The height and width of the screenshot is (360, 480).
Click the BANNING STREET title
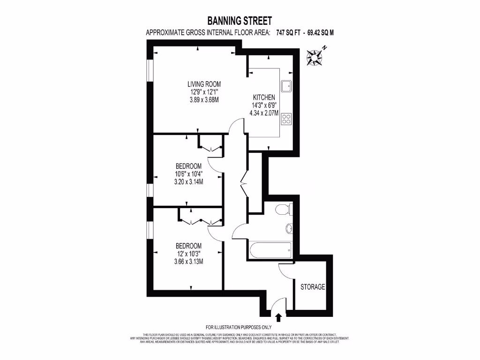point(240,21)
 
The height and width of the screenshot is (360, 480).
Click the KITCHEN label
point(264,97)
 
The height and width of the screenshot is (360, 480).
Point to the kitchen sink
point(286,86)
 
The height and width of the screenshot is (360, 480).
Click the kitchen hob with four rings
point(286,119)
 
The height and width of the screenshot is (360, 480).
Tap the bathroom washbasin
point(289,229)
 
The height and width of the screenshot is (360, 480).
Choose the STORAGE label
point(313,287)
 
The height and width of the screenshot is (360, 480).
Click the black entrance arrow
point(278,318)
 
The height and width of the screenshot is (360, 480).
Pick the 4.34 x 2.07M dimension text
point(264,113)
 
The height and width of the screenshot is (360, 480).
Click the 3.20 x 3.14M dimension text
point(188,181)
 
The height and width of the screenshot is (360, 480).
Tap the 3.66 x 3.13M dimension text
point(188,262)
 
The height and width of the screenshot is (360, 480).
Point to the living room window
point(150,71)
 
